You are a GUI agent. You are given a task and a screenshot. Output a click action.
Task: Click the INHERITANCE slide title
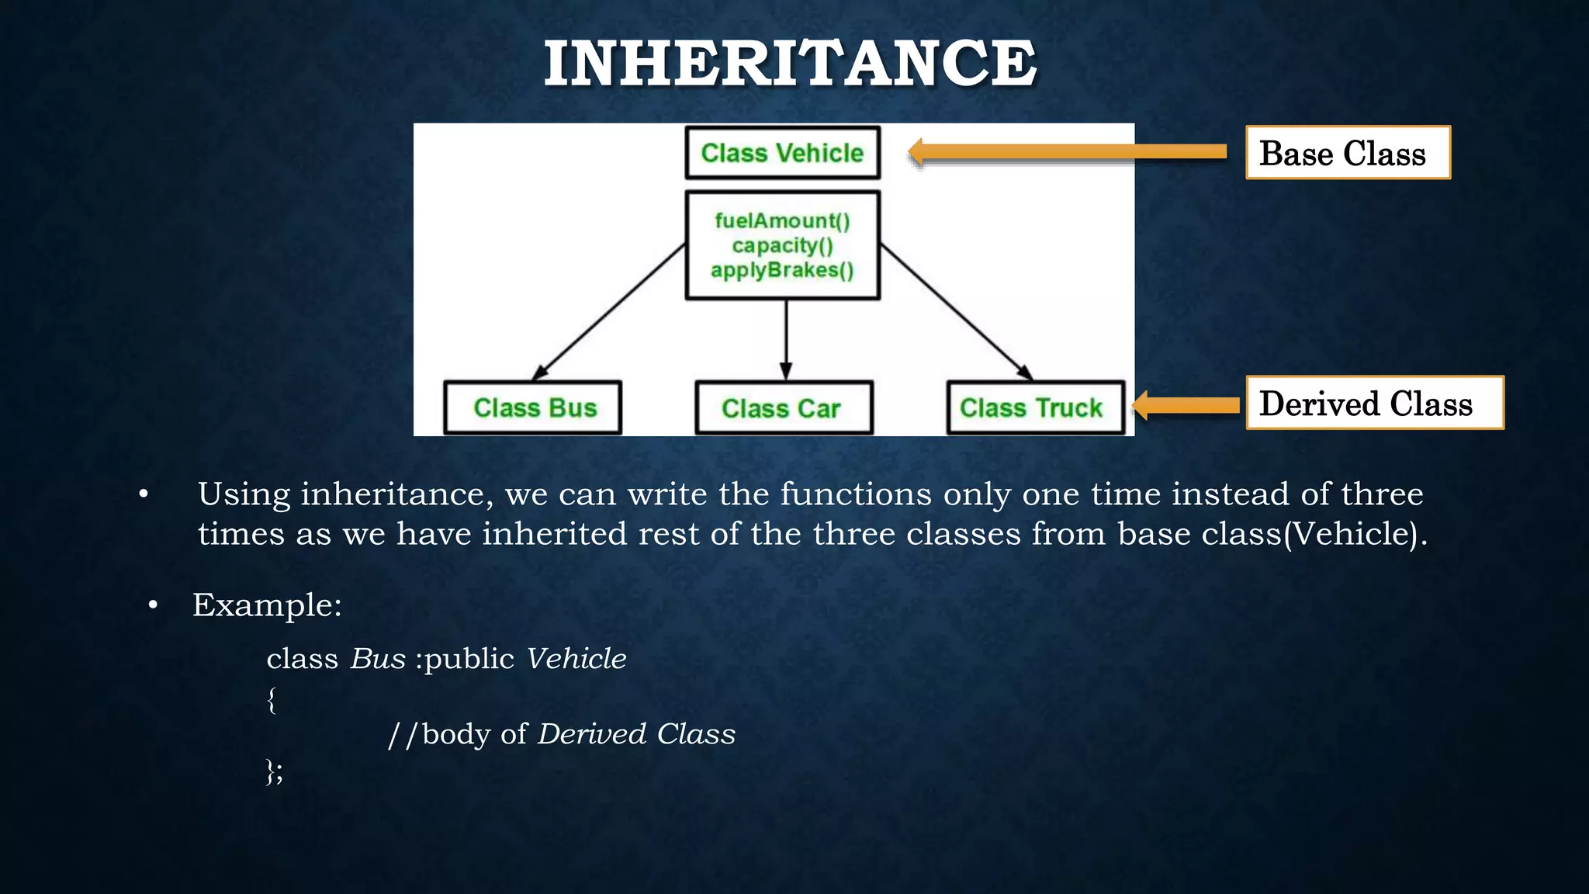(790, 64)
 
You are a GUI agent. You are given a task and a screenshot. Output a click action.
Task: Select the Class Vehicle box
(782, 153)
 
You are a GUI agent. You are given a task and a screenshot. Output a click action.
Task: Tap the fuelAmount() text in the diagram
(782, 221)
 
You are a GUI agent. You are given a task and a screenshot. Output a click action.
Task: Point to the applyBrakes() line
(782, 270)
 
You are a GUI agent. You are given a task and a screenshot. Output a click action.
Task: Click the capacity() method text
(782, 246)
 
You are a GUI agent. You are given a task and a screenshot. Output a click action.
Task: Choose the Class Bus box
(534, 407)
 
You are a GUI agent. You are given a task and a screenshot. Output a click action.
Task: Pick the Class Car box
(784, 407)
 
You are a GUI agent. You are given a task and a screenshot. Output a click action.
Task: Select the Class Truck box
(1035, 407)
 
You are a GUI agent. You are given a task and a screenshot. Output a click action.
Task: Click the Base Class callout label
(1347, 153)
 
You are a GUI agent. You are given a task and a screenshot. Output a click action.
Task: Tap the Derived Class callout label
(1373, 403)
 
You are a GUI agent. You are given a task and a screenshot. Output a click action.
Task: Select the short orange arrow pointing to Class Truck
(1187, 405)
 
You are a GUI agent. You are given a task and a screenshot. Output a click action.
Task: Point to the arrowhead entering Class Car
(786, 370)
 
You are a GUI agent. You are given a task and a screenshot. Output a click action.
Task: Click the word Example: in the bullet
(267, 605)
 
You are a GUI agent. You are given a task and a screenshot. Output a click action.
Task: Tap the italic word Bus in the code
(378, 659)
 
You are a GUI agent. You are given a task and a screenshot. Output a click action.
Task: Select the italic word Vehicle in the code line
(576, 659)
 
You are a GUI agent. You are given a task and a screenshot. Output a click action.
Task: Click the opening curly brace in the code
(272, 699)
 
